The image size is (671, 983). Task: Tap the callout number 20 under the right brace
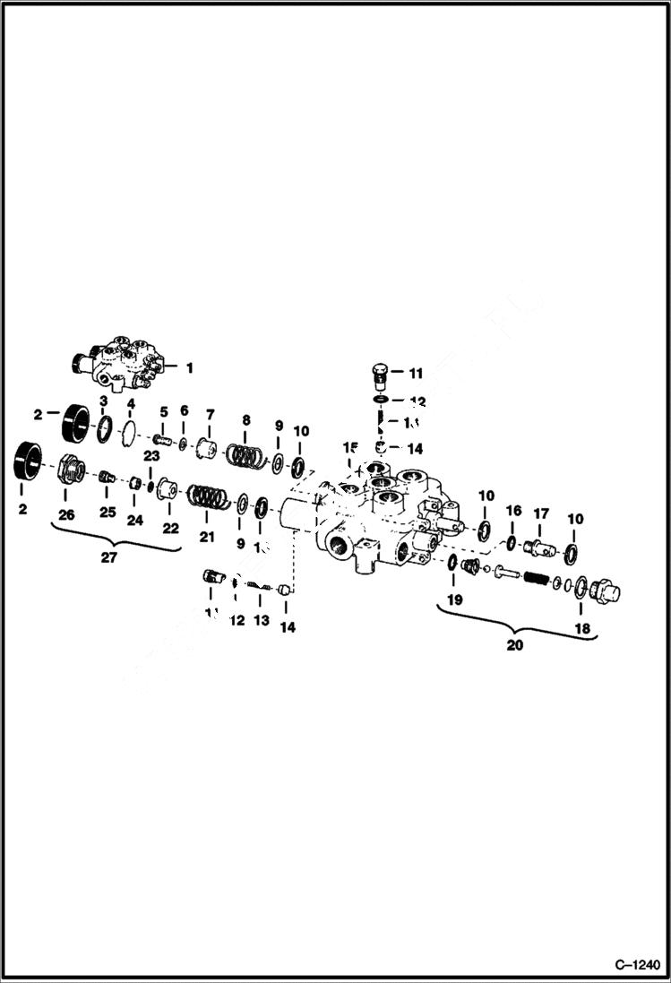[515, 644]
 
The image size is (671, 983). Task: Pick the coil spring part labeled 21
[209, 496]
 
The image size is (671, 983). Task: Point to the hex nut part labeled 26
[66, 470]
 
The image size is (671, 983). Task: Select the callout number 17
[541, 513]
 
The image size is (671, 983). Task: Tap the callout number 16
[513, 511]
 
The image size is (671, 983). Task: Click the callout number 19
[455, 599]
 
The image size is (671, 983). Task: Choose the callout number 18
[583, 629]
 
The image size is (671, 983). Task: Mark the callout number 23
[150, 454]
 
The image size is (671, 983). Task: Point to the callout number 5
[164, 411]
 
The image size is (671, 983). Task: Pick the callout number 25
[108, 513]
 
